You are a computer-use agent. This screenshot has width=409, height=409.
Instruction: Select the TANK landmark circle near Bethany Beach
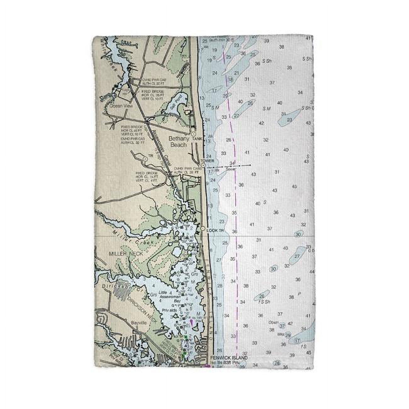coord(194,134)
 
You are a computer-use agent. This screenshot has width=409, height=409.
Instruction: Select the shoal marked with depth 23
coord(289,120)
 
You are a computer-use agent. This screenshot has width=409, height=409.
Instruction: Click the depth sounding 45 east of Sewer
coord(294,187)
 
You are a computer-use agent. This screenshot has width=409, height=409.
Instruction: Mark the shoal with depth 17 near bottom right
coord(298,340)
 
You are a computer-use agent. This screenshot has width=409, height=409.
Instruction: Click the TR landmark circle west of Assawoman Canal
coord(145,160)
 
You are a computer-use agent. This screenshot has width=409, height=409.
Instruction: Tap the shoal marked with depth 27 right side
coord(297,256)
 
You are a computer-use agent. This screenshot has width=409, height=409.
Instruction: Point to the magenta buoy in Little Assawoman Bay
coord(191,322)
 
